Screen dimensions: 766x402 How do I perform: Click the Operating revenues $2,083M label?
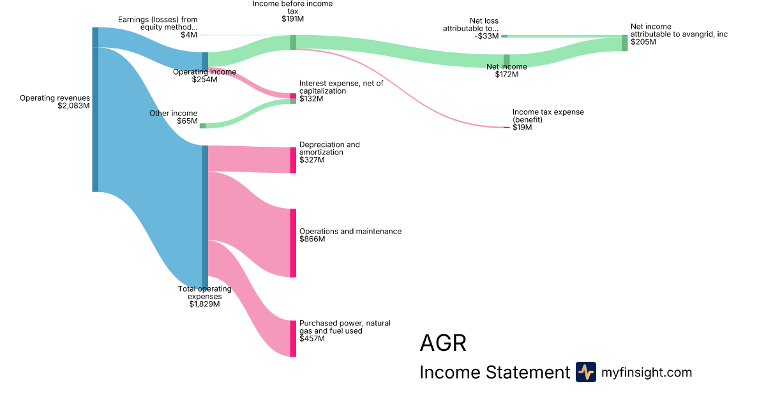click(55, 102)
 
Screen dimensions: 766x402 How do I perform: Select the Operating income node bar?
click(205, 60)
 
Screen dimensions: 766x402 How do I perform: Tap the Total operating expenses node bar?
click(205, 217)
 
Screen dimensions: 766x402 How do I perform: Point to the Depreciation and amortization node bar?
click(294, 160)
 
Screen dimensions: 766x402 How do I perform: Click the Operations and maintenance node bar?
click(294, 242)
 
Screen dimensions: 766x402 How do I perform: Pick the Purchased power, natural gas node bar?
click(294, 338)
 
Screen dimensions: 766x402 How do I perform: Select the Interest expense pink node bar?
click(294, 96)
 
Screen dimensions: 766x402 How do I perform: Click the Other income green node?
click(203, 126)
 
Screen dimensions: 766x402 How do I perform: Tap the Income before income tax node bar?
click(293, 42)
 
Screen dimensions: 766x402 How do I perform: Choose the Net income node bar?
click(506, 60)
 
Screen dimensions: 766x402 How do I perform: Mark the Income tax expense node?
click(506, 128)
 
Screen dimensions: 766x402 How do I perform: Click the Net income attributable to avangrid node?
click(625, 43)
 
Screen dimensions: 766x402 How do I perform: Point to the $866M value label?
click(312, 239)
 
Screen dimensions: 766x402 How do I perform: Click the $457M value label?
click(312, 339)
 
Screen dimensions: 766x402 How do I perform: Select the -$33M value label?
click(487, 36)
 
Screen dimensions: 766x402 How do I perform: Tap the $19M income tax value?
click(522, 128)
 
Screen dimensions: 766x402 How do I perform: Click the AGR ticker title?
click(443, 343)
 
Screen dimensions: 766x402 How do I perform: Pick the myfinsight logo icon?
click(585, 372)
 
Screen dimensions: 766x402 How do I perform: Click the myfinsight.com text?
click(647, 373)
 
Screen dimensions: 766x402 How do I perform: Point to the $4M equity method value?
click(189, 35)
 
